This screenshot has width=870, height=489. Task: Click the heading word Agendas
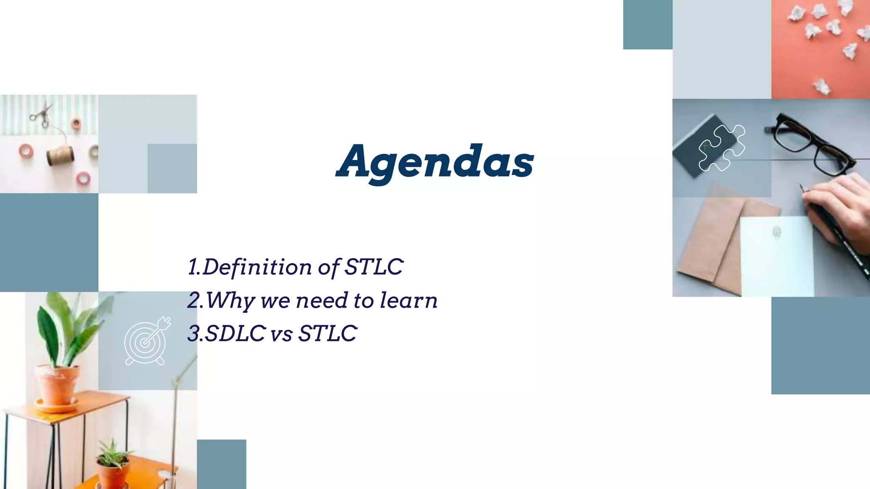pos(435,162)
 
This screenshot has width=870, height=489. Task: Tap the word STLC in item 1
pos(373,267)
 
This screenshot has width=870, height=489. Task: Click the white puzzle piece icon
pos(722,148)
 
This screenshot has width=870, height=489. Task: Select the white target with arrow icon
pos(147,341)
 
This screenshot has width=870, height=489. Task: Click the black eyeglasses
pos(811,144)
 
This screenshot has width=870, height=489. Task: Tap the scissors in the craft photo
pos(41,113)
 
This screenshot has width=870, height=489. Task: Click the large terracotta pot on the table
pos(57,384)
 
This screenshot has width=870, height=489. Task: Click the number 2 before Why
pos(194,301)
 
